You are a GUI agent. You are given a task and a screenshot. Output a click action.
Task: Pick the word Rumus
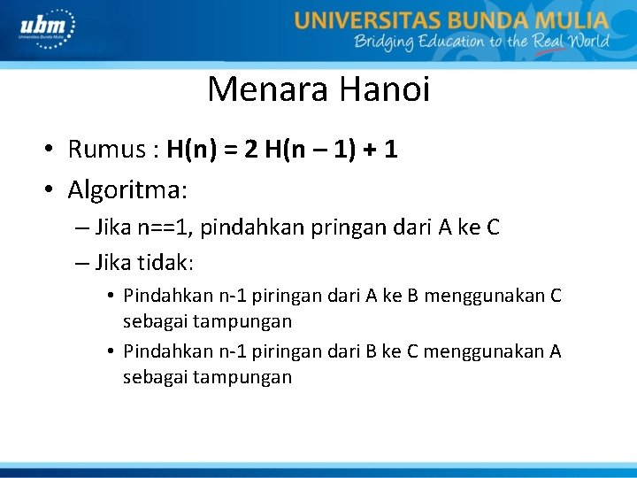click(x=104, y=150)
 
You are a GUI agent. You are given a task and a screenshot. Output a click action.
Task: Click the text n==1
click(x=165, y=227)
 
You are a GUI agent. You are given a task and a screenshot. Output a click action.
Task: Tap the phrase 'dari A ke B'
click(x=364, y=296)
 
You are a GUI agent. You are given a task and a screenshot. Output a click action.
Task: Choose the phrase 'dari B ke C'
click(x=364, y=351)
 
